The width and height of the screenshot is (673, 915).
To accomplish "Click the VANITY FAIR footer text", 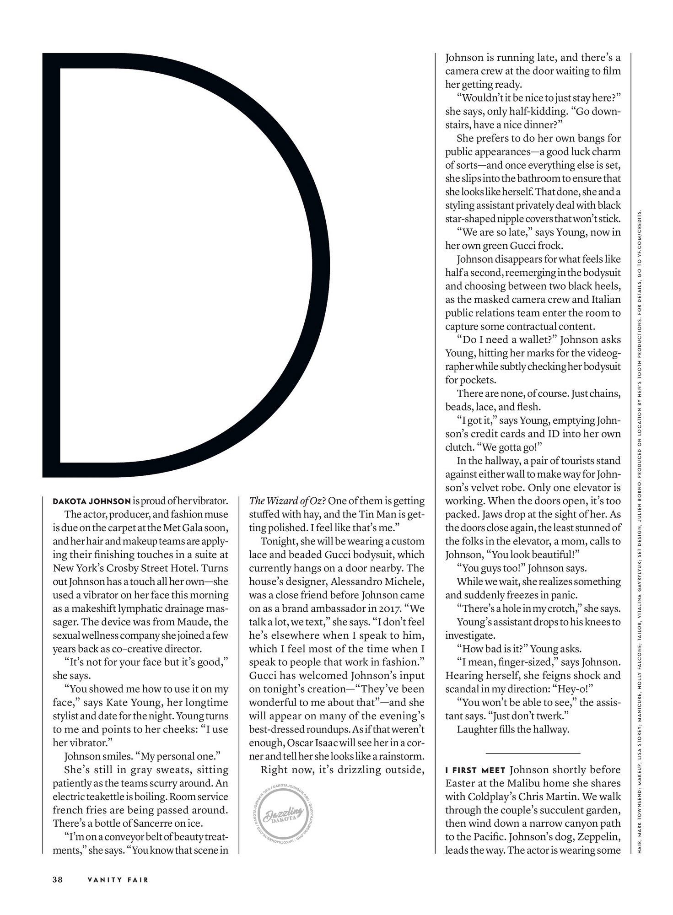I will coord(118,879).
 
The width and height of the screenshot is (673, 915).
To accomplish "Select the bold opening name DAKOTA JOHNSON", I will coord(92,501).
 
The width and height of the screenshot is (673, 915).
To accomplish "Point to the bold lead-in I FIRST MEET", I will coord(475,770).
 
